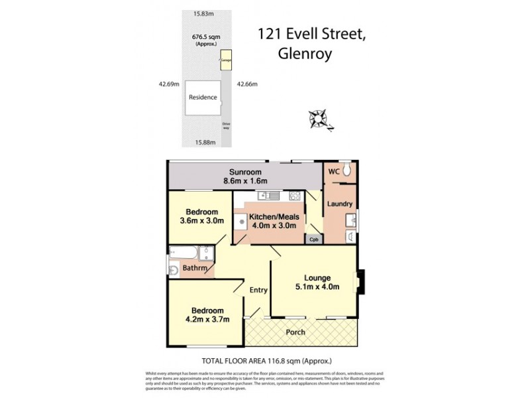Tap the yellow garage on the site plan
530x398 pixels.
tap(226, 60)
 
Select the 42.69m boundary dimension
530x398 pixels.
tap(170, 84)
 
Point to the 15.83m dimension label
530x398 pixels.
tap(205, 13)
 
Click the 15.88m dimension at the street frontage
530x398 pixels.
tap(207, 142)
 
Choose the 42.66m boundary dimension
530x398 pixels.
tap(246, 84)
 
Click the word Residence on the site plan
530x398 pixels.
tap(203, 98)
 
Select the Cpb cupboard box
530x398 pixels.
tap(314, 239)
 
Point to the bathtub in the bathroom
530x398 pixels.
tap(183, 253)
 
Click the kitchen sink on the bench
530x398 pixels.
tap(269, 196)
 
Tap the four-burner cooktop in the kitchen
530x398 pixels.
tap(295, 196)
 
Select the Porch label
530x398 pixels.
tap(295, 332)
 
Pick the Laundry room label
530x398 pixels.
tap(339, 204)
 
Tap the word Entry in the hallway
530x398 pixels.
tap(258, 290)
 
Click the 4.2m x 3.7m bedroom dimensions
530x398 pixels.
tap(207, 319)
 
